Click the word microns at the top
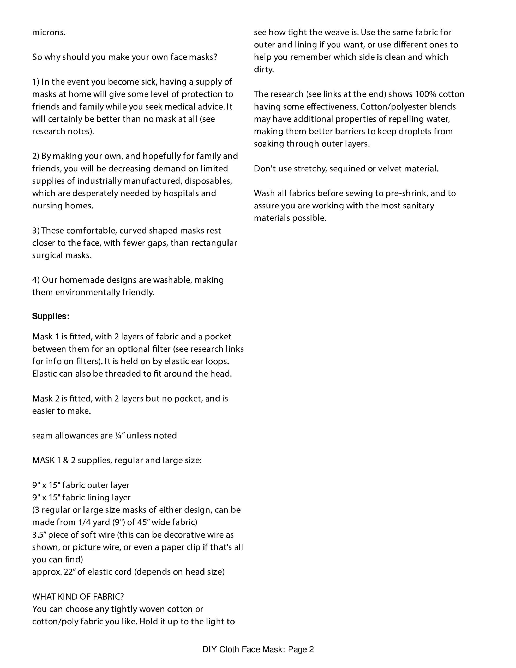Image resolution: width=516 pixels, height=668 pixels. [x=49, y=32]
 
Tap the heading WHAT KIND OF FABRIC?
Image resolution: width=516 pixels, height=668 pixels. [x=78, y=597]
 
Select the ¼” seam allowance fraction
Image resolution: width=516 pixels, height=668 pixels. [x=119, y=436]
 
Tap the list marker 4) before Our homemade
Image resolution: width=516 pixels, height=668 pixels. [x=36, y=280]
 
